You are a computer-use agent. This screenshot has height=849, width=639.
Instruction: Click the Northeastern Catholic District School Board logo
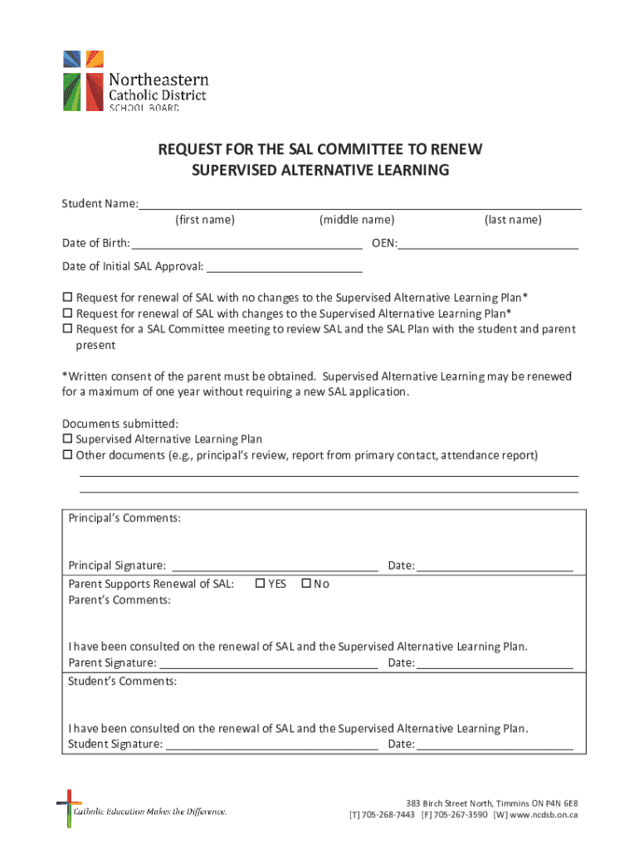[135, 81]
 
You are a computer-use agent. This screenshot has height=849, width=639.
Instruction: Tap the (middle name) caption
[357, 220]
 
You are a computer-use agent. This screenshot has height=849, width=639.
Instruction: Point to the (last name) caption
[513, 220]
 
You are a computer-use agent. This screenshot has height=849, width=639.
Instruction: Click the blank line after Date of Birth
[246, 245]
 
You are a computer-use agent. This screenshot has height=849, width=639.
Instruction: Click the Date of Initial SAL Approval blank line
[284, 268]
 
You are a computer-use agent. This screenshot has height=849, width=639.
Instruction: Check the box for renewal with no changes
[68, 298]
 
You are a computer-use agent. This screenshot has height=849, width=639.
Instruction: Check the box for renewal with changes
[68, 313]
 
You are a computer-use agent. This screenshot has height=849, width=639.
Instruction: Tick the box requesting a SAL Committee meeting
[68, 329]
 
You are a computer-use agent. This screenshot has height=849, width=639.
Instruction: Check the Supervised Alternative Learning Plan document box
[68, 439]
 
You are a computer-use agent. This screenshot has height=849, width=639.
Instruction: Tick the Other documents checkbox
[68, 455]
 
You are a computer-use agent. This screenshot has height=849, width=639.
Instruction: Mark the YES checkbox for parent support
[260, 584]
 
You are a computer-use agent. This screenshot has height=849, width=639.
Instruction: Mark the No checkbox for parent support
[305, 584]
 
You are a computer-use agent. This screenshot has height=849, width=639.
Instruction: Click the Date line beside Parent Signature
[495, 664]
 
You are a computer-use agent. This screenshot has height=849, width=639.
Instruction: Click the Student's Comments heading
[122, 682]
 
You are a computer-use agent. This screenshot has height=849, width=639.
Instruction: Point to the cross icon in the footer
[69, 808]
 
